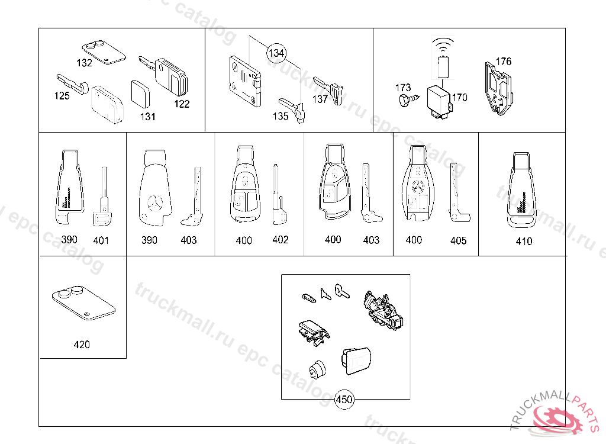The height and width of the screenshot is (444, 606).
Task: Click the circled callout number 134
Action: [x=276, y=53]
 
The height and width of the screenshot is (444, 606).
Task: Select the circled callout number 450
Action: [x=344, y=399]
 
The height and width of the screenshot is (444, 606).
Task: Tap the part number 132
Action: [x=84, y=63]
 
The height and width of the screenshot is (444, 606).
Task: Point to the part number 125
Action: [x=62, y=95]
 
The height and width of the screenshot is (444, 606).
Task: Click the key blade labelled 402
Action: [x=279, y=195]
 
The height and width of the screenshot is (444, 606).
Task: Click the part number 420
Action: [x=82, y=344]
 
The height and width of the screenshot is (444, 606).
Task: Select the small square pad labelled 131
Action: [x=140, y=94]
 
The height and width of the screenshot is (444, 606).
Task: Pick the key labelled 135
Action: [x=292, y=110]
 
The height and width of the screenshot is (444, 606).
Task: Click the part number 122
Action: [x=182, y=104]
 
